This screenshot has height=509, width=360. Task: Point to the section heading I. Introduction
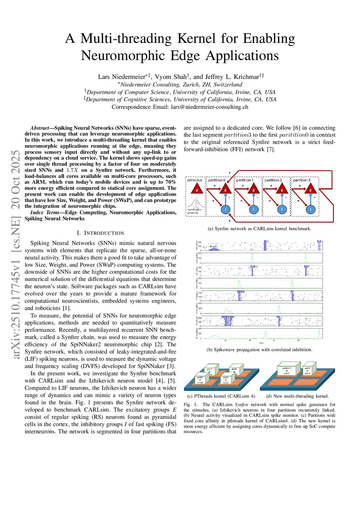pos(100,233)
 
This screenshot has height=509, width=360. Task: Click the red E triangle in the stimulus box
pos(197,189)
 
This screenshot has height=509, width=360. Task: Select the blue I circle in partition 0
pos(225,210)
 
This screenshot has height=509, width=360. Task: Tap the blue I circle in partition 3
pos(310,210)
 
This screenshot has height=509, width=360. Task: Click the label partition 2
pos(273,180)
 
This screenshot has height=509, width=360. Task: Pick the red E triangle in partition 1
pos(253,189)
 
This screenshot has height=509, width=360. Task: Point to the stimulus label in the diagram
pos(194,180)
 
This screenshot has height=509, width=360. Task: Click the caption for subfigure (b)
pos(259,350)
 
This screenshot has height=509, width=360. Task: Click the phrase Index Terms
pos(45,212)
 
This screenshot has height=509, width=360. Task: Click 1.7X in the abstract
pos(72,170)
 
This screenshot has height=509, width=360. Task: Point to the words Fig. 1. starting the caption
pos(192,405)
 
